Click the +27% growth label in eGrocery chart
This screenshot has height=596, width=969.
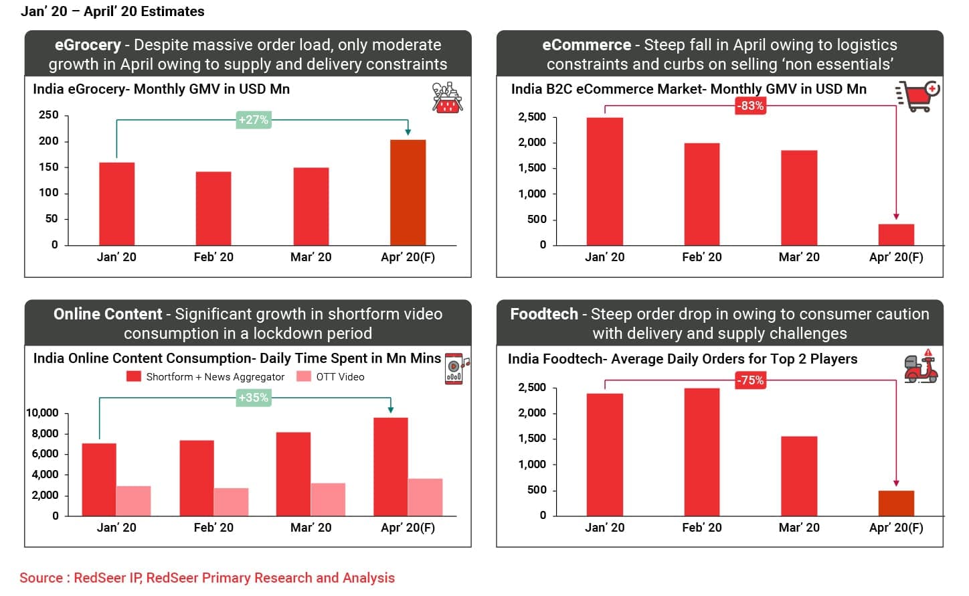[254, 120]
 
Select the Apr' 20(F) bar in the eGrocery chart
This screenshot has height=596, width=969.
[408, 192]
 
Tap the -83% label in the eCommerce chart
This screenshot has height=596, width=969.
[750, 106]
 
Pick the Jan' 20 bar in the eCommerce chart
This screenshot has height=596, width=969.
[604, 181]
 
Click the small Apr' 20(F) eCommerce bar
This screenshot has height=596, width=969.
[896, 234]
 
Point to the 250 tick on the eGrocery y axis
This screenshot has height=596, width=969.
[49, 115]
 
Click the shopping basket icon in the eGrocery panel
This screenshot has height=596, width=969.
[447, 98]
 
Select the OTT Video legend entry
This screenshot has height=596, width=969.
[332, 377]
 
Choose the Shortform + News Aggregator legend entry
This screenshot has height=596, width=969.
[206, 377]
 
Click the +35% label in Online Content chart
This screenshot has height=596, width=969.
[254, 398]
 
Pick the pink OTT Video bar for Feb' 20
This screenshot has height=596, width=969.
[231, 502]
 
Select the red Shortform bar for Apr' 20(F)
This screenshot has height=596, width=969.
[391, 467]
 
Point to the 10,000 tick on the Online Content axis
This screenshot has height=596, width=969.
[42, 413]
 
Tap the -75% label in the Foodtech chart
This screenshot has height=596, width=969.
[750, 380]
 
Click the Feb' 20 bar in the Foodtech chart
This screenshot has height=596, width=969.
[701, 452]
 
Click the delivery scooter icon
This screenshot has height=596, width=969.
[920, 366]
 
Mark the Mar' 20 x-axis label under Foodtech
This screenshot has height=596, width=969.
[799, 528]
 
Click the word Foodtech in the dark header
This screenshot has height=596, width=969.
[543, 314]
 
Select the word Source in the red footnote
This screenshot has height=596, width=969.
[41, 578]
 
